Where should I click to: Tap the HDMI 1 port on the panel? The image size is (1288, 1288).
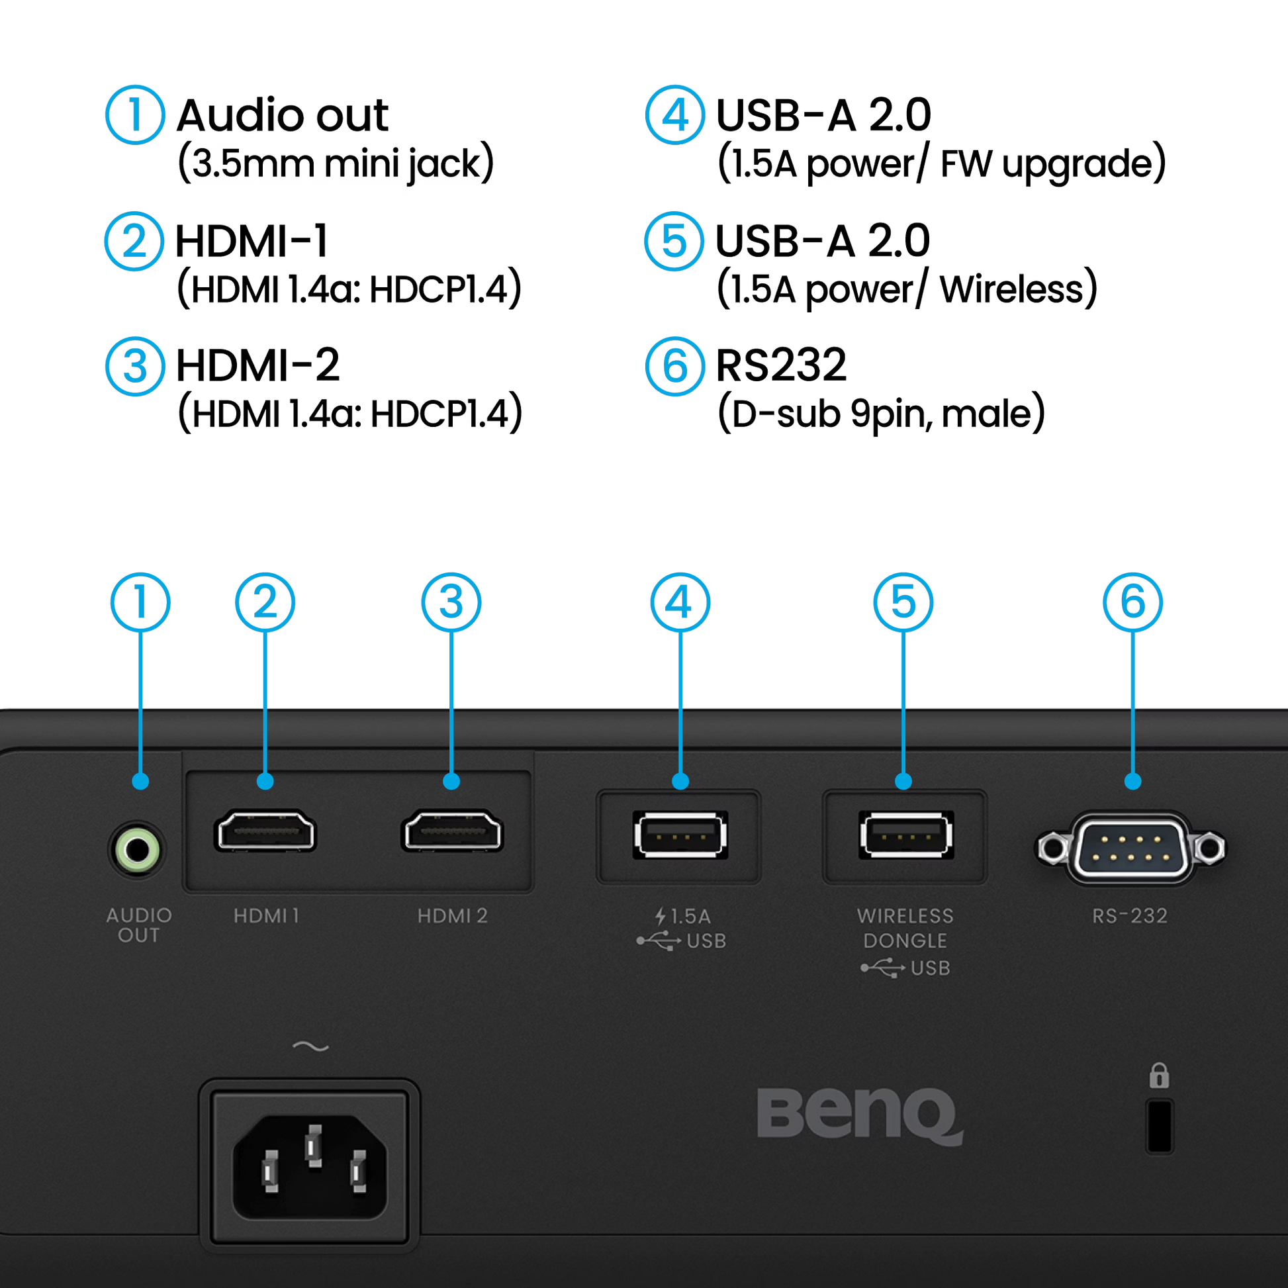(265, 832)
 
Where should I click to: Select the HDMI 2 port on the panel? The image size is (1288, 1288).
(452, 832)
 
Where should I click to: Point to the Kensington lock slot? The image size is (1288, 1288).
(1160, 1127)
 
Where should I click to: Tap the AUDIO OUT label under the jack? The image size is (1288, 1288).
(139, 925)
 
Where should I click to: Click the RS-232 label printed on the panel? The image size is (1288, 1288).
(1130, 916)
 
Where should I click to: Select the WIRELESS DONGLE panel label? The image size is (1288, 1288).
(905, 928)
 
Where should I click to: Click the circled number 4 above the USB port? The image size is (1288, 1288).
(680, 603)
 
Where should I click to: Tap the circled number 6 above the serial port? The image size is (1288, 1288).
(1132, 603)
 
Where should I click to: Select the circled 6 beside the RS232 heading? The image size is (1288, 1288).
(674, 366)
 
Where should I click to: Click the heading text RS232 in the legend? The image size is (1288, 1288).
(784, 365)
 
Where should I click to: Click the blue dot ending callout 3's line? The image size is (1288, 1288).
(451, 781)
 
